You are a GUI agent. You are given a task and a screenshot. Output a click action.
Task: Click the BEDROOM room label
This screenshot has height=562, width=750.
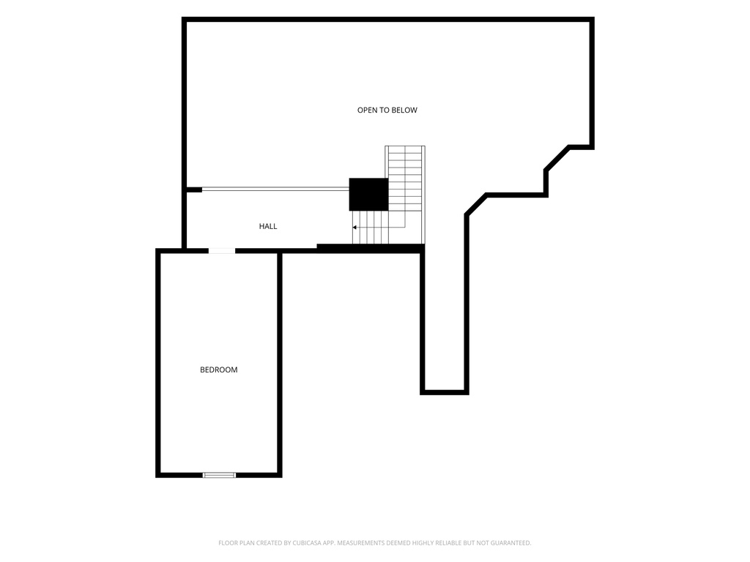[x=218, y=370]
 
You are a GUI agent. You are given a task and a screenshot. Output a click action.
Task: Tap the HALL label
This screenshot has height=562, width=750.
[x=268, y=226]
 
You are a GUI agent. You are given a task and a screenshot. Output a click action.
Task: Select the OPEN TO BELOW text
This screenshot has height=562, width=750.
[x=387, y=110]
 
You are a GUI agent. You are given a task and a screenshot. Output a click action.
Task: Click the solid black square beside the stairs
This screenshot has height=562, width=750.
[x=368, y=194]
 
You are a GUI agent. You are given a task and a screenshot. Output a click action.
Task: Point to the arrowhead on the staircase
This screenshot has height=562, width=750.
[x=354, y=228]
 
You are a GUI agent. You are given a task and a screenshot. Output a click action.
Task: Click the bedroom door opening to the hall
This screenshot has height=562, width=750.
[x=221, y=251]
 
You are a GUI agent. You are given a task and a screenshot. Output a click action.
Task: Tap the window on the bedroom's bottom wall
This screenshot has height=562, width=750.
[x=220, y=474]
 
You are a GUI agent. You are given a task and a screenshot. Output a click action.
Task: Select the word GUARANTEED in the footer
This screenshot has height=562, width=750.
[x=512, y=543]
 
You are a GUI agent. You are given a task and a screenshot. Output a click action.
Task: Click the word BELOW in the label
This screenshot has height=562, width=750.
[x=405, y=110]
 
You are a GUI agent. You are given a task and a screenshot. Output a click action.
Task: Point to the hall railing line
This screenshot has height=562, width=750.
[x=275, y=190]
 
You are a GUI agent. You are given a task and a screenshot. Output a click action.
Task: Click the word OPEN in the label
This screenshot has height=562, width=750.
[x=366, y=110]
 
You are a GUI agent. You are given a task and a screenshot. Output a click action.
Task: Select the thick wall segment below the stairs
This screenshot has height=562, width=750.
[x=371, y=248]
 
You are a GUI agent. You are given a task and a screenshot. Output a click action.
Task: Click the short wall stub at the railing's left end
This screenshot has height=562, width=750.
[x=193, y=190]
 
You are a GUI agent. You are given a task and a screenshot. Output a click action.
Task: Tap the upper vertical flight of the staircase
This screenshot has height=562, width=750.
[x=405, y=178]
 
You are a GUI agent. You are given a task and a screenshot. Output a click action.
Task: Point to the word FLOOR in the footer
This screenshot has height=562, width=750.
[x=227, y=543]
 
